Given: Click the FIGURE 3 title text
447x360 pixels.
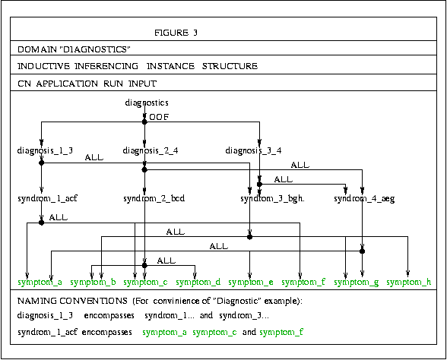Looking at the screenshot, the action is (176, 33).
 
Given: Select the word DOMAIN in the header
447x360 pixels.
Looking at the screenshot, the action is (37, 49).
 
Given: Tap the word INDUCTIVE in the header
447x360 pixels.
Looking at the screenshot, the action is (43, 66).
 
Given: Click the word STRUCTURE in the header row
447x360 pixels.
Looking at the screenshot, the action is (230, 66).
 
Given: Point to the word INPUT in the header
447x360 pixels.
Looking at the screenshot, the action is (143, 84).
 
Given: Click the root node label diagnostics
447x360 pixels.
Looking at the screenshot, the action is (147, 103).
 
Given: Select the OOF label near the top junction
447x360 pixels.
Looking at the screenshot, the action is (159, 117).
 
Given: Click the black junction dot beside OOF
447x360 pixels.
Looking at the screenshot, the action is (144, 122).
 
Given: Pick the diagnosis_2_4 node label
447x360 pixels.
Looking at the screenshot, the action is (151, 150).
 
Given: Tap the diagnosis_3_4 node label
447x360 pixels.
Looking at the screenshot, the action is (253, 150).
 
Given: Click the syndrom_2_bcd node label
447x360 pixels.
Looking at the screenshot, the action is (154, 198).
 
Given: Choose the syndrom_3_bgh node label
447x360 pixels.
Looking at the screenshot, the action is (272, 198).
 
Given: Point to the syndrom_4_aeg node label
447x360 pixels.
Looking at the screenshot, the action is (364, 198).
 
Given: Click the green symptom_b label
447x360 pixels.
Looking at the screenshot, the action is (93, 282).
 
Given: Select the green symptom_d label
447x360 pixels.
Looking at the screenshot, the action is (198, 282).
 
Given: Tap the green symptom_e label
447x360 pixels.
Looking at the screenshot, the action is (251, 282).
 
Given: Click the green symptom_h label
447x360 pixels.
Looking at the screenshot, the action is (409, 282).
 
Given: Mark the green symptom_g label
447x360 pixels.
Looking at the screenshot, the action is (357, 283).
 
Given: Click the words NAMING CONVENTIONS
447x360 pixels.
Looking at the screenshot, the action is (72, 301).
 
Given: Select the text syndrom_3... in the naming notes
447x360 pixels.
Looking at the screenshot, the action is (244, 316).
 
